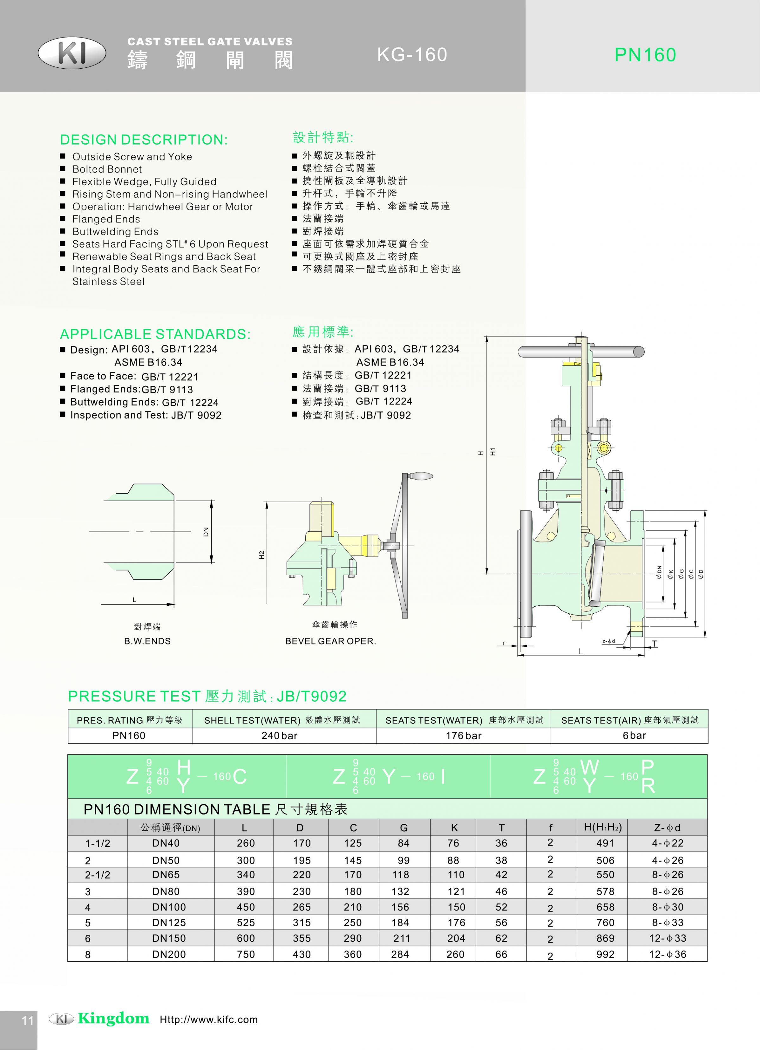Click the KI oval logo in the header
point(72,53)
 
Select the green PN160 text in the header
point(645,55)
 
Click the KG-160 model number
point(412,55)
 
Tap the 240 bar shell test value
point(279,736)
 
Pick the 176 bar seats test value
point(464,736)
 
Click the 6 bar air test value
point(635,736)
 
